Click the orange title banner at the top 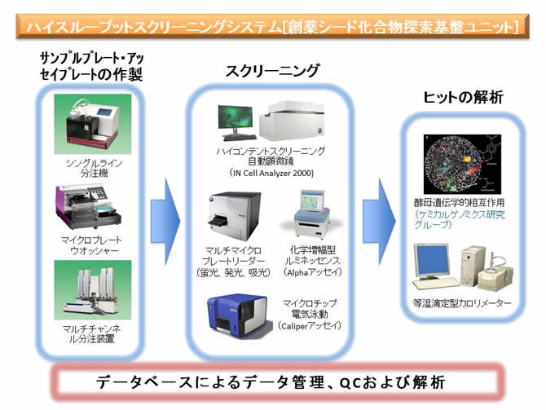[x=272, y=26]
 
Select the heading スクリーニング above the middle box [x=272, y=71]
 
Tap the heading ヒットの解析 [x=463, y=97]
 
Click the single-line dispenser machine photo [x=93, y=124]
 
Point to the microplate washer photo [x=89, y=206]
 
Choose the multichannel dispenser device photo [x=93, y=290]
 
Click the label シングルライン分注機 [x=94, y=168]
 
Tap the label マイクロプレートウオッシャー [x=91, y=245]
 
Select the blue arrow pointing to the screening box [x=165, y=222]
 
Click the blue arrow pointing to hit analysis [x=379, y=222]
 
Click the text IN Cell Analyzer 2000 [x=271, y=173]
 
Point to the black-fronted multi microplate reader [x=235, y=215]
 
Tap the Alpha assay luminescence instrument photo [x=311, y=214]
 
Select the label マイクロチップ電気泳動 [x=310, y=308]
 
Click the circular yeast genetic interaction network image [x=462, y=164]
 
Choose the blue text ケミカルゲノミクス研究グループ [x=460, y=219]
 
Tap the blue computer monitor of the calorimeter [x=431, y=262]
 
